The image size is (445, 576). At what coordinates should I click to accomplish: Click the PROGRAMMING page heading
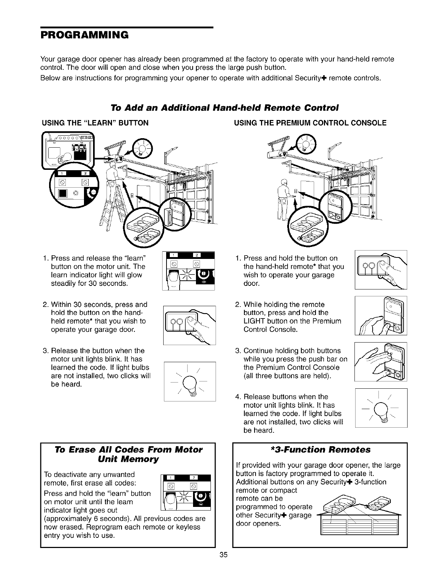tap(84, 35)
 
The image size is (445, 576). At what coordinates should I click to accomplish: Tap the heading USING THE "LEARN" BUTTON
tap(96, 123)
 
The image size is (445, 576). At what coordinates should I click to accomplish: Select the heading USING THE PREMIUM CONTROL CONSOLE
tap(310, 123)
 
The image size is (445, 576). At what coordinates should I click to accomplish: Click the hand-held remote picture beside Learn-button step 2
tap(189, 325)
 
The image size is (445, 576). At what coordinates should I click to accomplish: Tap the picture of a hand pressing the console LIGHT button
tap(381, 316)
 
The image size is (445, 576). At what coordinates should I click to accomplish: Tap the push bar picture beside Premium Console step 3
tap(381, 362)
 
